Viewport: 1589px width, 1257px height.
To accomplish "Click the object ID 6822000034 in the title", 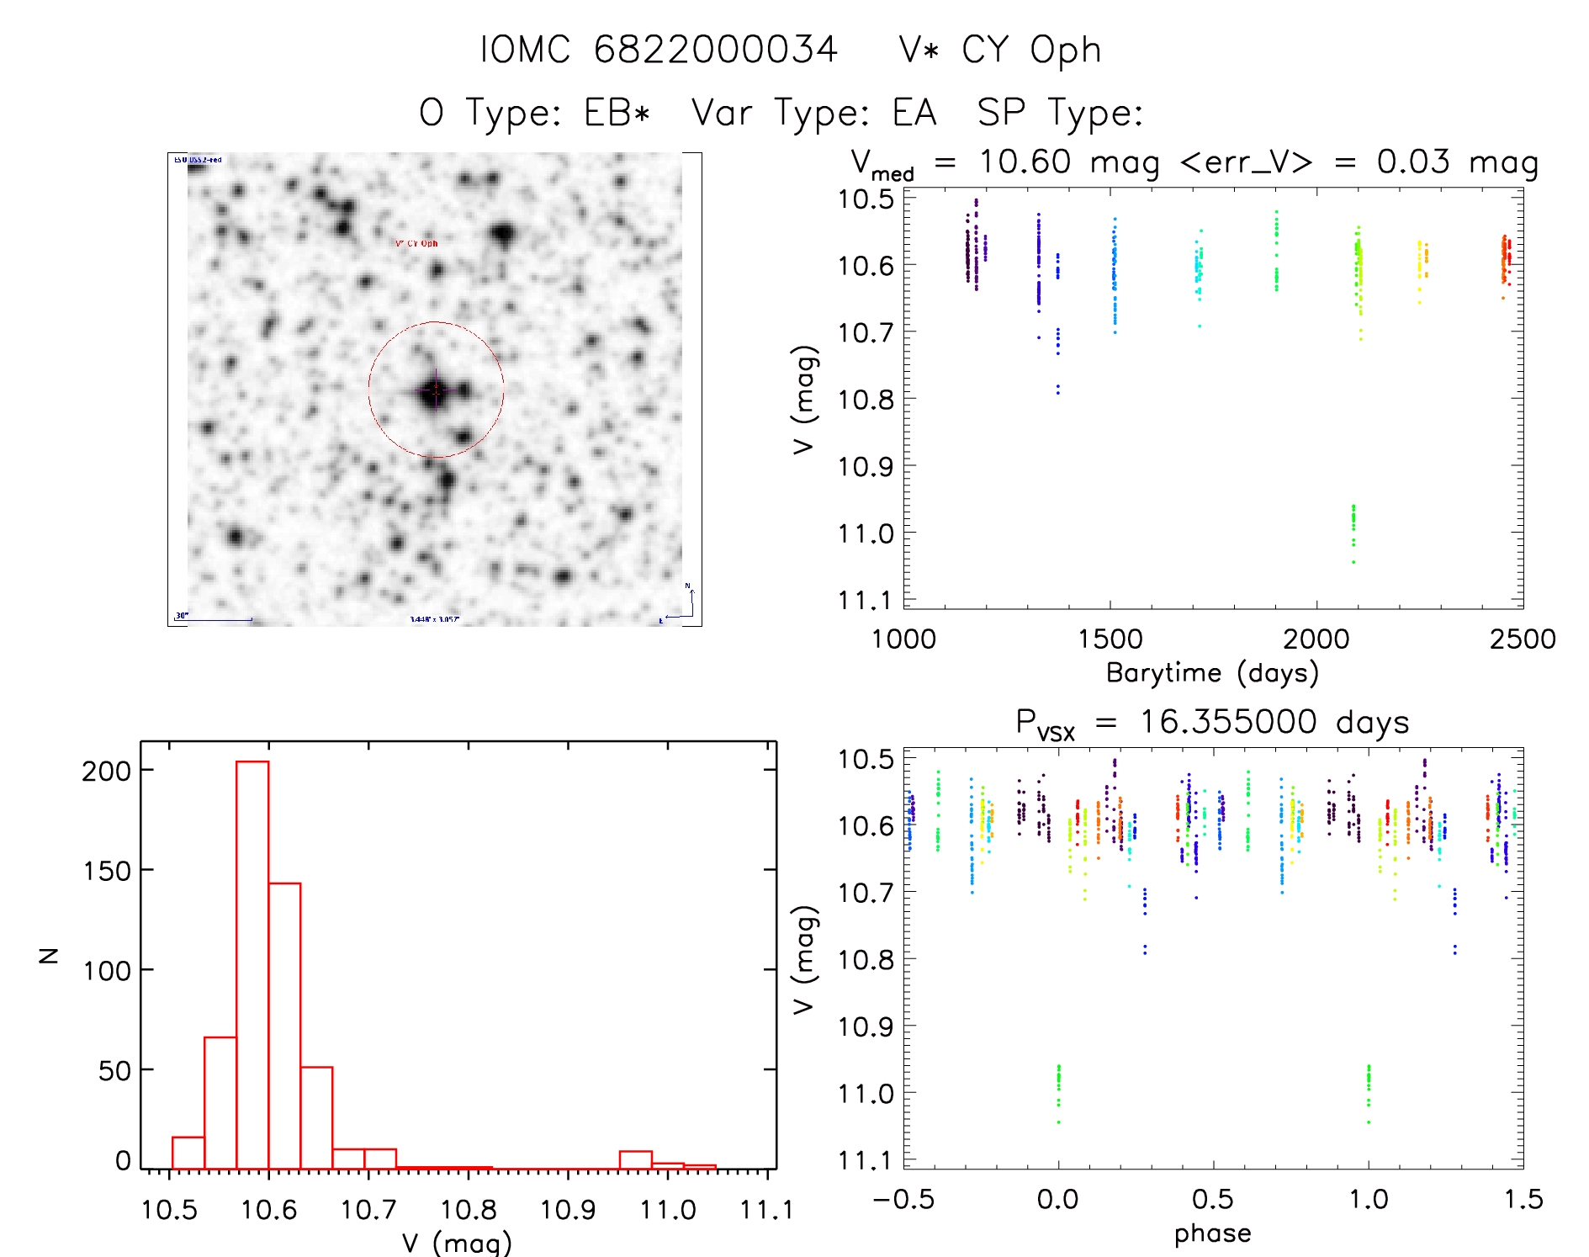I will (x=716, y=50).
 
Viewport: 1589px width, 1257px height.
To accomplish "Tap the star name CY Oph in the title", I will (x=1031, y=50).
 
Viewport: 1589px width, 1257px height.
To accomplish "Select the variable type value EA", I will (x=914, y=113).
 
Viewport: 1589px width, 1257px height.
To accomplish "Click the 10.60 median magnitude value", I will (x=1025, y=162).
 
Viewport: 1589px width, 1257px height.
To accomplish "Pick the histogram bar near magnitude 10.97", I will (x=635, y=1160).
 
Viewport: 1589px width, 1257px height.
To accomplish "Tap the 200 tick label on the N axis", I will (x=106, y=771).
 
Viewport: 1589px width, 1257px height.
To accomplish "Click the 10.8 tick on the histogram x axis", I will (x=468, y=1210).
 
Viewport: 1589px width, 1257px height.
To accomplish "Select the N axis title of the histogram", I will (x=49, y=955).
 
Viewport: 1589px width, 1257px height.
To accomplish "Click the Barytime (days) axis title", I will (x=1212, y=672).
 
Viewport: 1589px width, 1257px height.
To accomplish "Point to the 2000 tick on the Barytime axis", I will (x=1316, y=639).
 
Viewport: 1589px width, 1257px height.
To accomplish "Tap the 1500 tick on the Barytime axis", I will (x=1110, y=639).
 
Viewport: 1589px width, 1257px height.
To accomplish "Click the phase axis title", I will (x=1212, y=1233).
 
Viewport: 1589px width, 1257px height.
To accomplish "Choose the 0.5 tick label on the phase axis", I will (x=1212, y=1199).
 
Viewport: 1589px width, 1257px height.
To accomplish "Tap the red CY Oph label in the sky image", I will (x=416, y=243).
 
